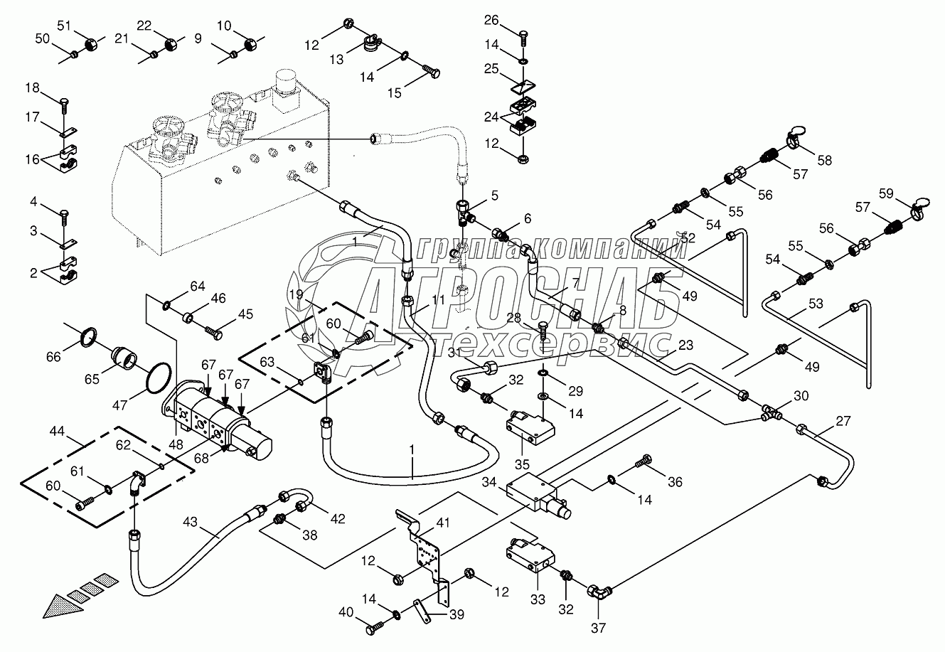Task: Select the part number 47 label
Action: [119, 405]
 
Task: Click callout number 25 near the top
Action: [492, 68]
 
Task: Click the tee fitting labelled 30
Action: [772, 412]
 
